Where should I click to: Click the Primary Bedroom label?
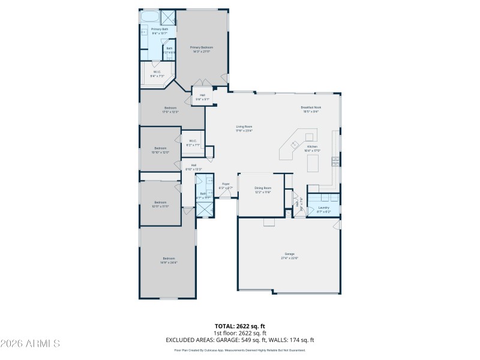[202, 49]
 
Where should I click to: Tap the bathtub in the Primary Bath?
[150, 17]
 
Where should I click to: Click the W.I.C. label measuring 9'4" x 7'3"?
[155, 74]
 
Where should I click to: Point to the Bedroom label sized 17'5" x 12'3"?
[170, 110]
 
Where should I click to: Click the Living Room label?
[244, 128]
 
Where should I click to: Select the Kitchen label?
[312, 148]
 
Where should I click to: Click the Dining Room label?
[263, 190]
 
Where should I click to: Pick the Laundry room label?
[323, 209]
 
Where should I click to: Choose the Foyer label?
[226, 186]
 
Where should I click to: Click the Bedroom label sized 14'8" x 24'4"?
[169, 260]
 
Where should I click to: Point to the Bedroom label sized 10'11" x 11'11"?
[160, 204]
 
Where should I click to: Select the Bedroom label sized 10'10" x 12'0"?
[160, 150]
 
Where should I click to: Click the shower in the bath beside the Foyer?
[205, 209]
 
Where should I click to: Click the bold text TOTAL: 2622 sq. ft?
[240, 326]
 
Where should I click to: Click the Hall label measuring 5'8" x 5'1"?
[203, 97]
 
